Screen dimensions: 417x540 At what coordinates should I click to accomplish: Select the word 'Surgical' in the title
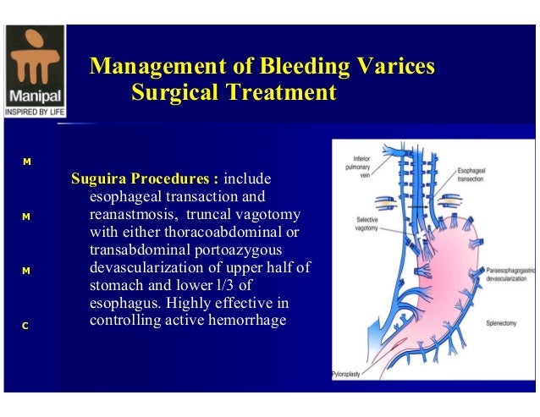pos(174,91)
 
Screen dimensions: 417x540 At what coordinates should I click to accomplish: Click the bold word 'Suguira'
pos(99,179)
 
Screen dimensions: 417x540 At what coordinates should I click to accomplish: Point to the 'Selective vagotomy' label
pos(372,223)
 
